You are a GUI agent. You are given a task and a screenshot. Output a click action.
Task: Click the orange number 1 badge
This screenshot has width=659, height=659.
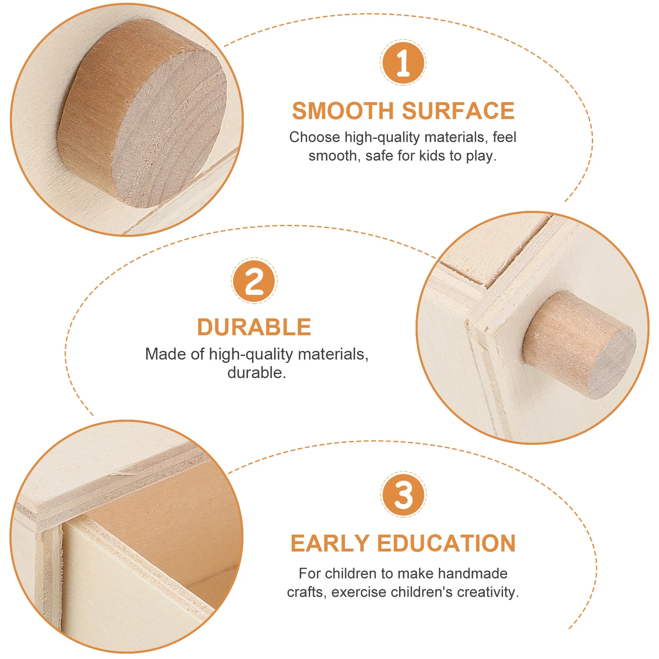point(403,63)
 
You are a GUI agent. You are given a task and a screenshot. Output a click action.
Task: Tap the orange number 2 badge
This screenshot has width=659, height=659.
point(254,281)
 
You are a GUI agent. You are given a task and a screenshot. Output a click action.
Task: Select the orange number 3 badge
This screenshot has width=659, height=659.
point(403,495)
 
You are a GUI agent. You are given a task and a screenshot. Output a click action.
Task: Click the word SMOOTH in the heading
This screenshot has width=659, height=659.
point(343,111)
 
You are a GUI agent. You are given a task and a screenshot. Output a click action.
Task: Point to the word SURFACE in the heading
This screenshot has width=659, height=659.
point(458,111)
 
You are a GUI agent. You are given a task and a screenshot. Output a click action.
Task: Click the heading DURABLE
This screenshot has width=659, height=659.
point(254,327)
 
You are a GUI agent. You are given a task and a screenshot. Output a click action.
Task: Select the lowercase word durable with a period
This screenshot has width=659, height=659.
point(257,373)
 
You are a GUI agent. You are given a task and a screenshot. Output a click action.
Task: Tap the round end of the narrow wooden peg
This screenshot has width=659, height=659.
point(612,362)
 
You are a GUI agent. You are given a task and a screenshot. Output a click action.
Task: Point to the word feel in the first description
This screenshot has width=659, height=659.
point(504,137)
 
